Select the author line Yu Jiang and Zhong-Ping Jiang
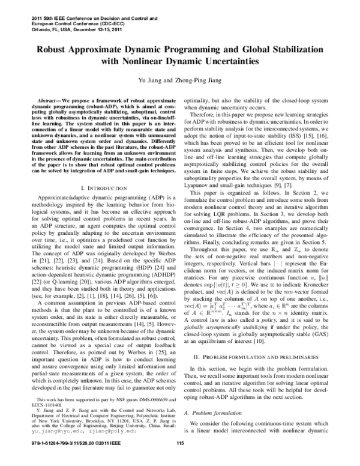(x=179, y=80)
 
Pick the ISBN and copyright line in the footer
(x=73, y=461)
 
